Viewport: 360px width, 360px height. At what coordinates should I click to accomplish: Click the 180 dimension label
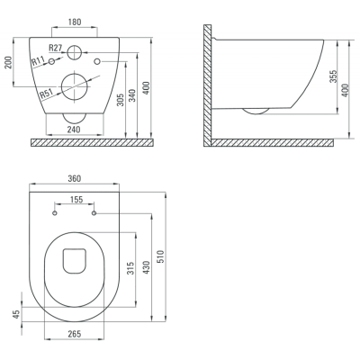coord(75,22)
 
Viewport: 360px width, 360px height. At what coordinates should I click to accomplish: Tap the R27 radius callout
coord(55,48)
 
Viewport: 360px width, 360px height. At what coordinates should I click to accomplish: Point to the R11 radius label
coord(38,61)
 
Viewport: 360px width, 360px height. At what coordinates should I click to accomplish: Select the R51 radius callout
coord(46,94)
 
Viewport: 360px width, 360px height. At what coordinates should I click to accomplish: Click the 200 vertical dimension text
coord(8,62)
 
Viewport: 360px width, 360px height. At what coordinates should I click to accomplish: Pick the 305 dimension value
coord(120,100)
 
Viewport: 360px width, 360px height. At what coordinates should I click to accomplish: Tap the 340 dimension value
coord(132,95)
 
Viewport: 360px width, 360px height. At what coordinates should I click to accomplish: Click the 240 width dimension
coord(74,130)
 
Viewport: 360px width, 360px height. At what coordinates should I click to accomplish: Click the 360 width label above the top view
coord(74,178)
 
